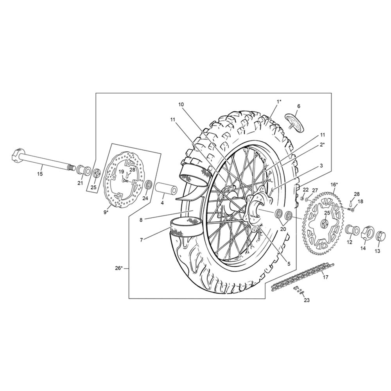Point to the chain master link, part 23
(299, 291)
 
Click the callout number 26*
(119, 268)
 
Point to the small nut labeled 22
(301, 199)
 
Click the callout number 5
(289, 264)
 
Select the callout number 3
(321, 165)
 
